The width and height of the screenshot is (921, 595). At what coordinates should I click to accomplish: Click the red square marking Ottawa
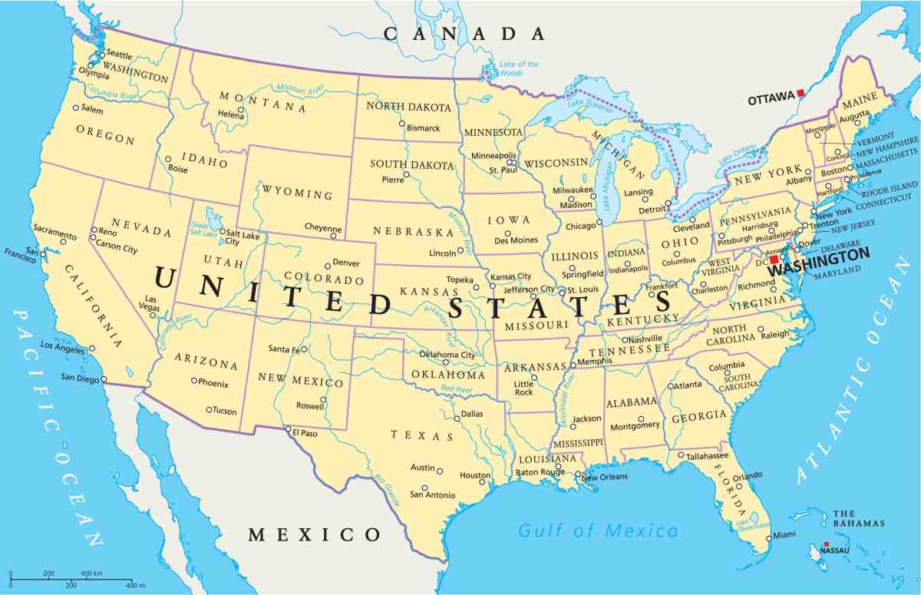point(801,93)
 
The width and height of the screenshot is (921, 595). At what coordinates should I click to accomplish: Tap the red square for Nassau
point(827,544)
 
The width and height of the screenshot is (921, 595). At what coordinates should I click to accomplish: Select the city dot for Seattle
point(101,55)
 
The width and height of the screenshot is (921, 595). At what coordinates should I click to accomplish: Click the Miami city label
point(784,535)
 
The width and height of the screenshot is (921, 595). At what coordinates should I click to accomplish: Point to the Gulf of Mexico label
point(598,531)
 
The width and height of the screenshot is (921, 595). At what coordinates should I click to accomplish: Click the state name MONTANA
point(263,101)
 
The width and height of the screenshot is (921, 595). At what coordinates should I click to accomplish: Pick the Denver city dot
point(327,264)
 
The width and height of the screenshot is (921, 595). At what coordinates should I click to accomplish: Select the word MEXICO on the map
point(315,534)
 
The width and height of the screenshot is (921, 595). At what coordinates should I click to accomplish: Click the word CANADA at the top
point(464,34)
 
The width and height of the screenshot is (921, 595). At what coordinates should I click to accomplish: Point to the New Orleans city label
point(605,477)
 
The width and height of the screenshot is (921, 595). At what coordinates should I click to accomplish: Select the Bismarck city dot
point(401,124)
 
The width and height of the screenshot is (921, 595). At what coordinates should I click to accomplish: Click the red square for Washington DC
point(774,259)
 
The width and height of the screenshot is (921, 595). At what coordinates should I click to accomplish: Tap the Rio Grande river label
point(388,491)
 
